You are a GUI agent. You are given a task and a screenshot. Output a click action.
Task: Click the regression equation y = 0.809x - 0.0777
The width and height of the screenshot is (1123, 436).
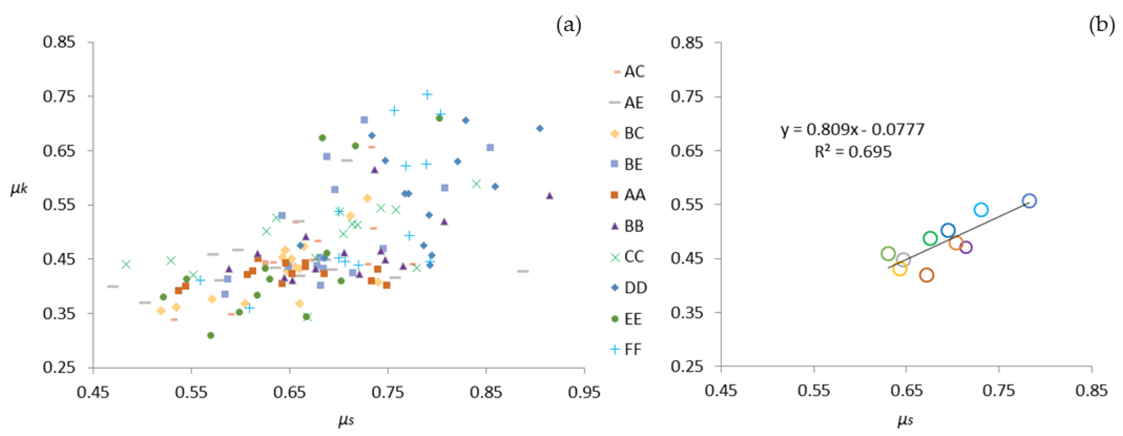tap(852, 130)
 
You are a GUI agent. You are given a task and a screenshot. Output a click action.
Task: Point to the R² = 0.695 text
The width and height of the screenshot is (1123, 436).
tap(853, 152)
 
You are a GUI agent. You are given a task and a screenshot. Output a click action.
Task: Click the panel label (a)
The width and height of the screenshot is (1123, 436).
tap(568, 26)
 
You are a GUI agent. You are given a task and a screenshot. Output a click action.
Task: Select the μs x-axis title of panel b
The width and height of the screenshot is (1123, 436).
tap(905, 420)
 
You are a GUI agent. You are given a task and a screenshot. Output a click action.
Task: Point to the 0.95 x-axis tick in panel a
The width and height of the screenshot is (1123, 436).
tap(584, 392)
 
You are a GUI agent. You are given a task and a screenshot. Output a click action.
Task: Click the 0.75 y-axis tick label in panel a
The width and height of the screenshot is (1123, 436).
tap(59, 96)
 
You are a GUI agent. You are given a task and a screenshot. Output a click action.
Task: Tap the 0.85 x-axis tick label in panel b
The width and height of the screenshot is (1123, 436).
tap(1091, 391)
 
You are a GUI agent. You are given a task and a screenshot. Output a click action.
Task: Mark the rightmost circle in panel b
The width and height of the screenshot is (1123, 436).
tap(1029, 201)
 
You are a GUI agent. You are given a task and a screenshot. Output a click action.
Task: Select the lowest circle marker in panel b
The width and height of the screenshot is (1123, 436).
tap(926, 275)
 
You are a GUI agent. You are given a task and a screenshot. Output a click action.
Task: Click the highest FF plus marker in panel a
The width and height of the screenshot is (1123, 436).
tap(427, 94)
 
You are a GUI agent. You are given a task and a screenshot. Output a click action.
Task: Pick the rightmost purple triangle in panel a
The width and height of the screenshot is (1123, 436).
tap(549, 196)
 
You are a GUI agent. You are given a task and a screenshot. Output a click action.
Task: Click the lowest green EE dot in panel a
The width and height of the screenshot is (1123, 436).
tap(211, 335)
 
